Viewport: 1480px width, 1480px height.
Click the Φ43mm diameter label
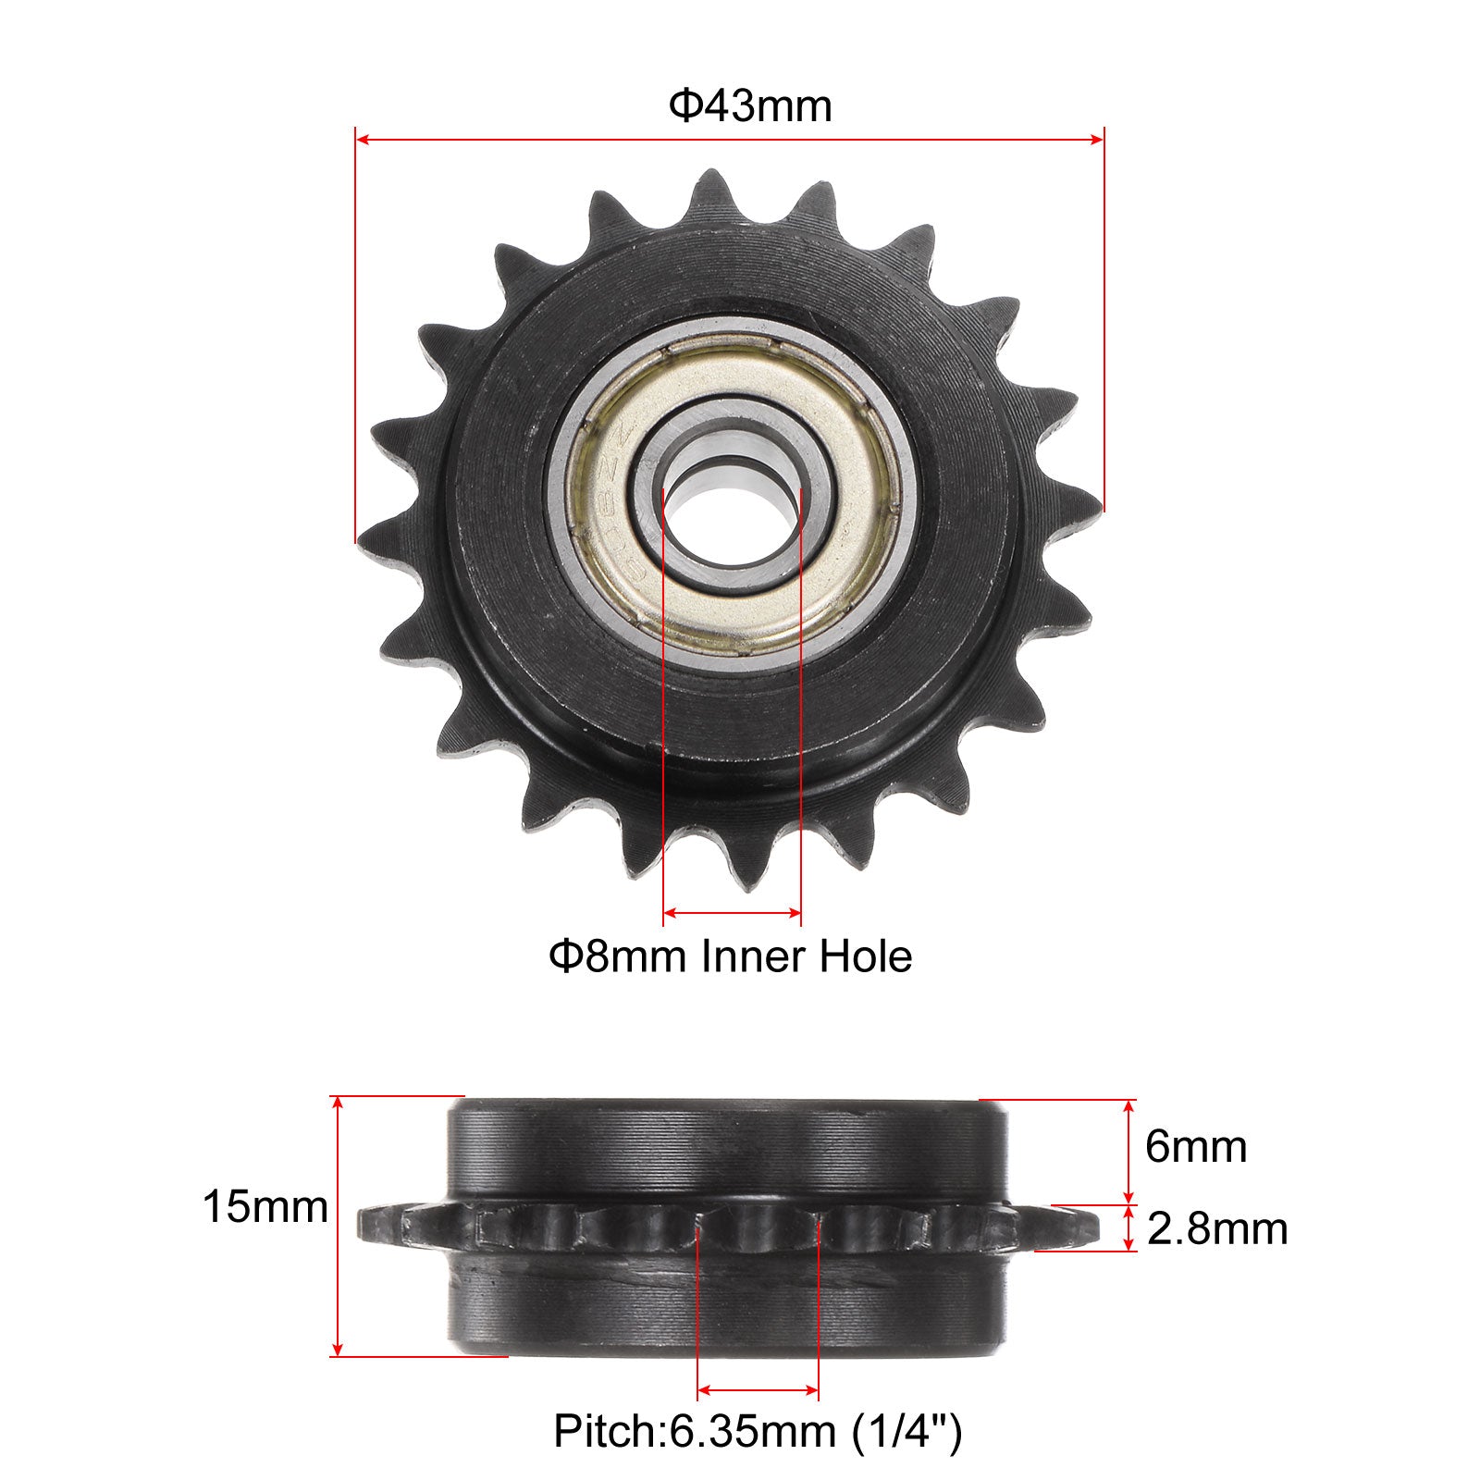[750, 105]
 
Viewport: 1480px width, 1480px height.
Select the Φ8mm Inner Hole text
[731, 956]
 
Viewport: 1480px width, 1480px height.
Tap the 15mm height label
[265, 1207]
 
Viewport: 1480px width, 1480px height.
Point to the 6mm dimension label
[1196, 1147]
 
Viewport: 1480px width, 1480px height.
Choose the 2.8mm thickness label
[1217, 1229]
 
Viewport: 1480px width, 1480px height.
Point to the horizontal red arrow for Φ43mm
[730, 140]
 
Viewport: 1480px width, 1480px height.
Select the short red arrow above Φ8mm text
[733, 914]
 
